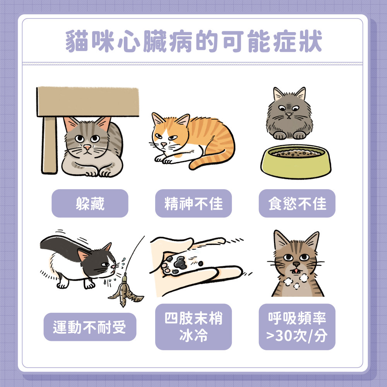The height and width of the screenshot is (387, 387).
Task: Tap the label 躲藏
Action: pyautogui.click(x=90, y=204)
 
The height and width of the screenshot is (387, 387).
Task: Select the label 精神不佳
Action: pyautogui.click(x=193, y=204)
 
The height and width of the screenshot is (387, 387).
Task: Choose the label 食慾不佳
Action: pyautogui.click(x=297, y=204)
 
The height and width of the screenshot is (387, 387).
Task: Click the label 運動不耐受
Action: pyautogui.click(x=90, y=327)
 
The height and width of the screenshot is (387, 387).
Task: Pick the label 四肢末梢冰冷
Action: pyautogui.click(x=193, y=327)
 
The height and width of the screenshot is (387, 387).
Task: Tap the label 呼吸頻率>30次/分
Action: pyautogui.click(x=297, y=327)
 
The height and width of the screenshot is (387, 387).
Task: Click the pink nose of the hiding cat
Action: pyautogui.click(x=88, y=148)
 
